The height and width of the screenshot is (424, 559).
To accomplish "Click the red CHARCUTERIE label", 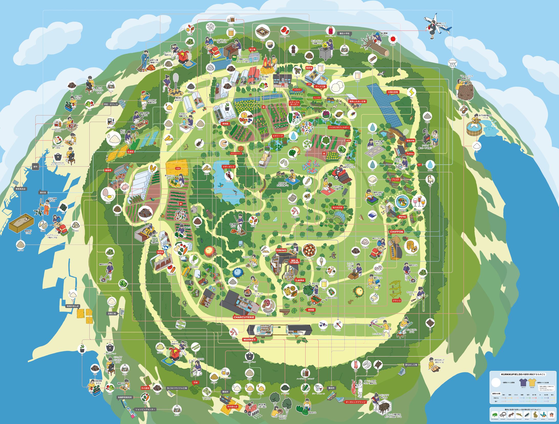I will click(x=244, y=317).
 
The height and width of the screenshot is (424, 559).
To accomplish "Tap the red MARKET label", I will click(x=249, y=340).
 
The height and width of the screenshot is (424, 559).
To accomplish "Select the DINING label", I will click(x=281, y=250).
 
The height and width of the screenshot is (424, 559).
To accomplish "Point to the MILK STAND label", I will click(x=295, y=261).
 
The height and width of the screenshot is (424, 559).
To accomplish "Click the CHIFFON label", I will click(x=396, y=232).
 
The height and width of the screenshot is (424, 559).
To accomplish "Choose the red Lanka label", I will click(x=299, y=280).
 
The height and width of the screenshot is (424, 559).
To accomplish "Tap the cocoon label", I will click(x=395, y=180).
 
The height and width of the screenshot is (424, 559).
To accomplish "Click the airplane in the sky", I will click(x=436, y=26).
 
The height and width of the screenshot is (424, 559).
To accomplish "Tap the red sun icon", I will click(x=393, y=39).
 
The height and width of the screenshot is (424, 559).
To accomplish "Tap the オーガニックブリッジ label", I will click(x=356, y=402).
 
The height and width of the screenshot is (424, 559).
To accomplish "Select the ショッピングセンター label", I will click(x=145, y=409).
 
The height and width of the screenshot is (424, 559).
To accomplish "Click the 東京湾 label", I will click(x=43, y=192).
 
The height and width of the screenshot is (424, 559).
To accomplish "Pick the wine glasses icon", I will click(x=419, y=202).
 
